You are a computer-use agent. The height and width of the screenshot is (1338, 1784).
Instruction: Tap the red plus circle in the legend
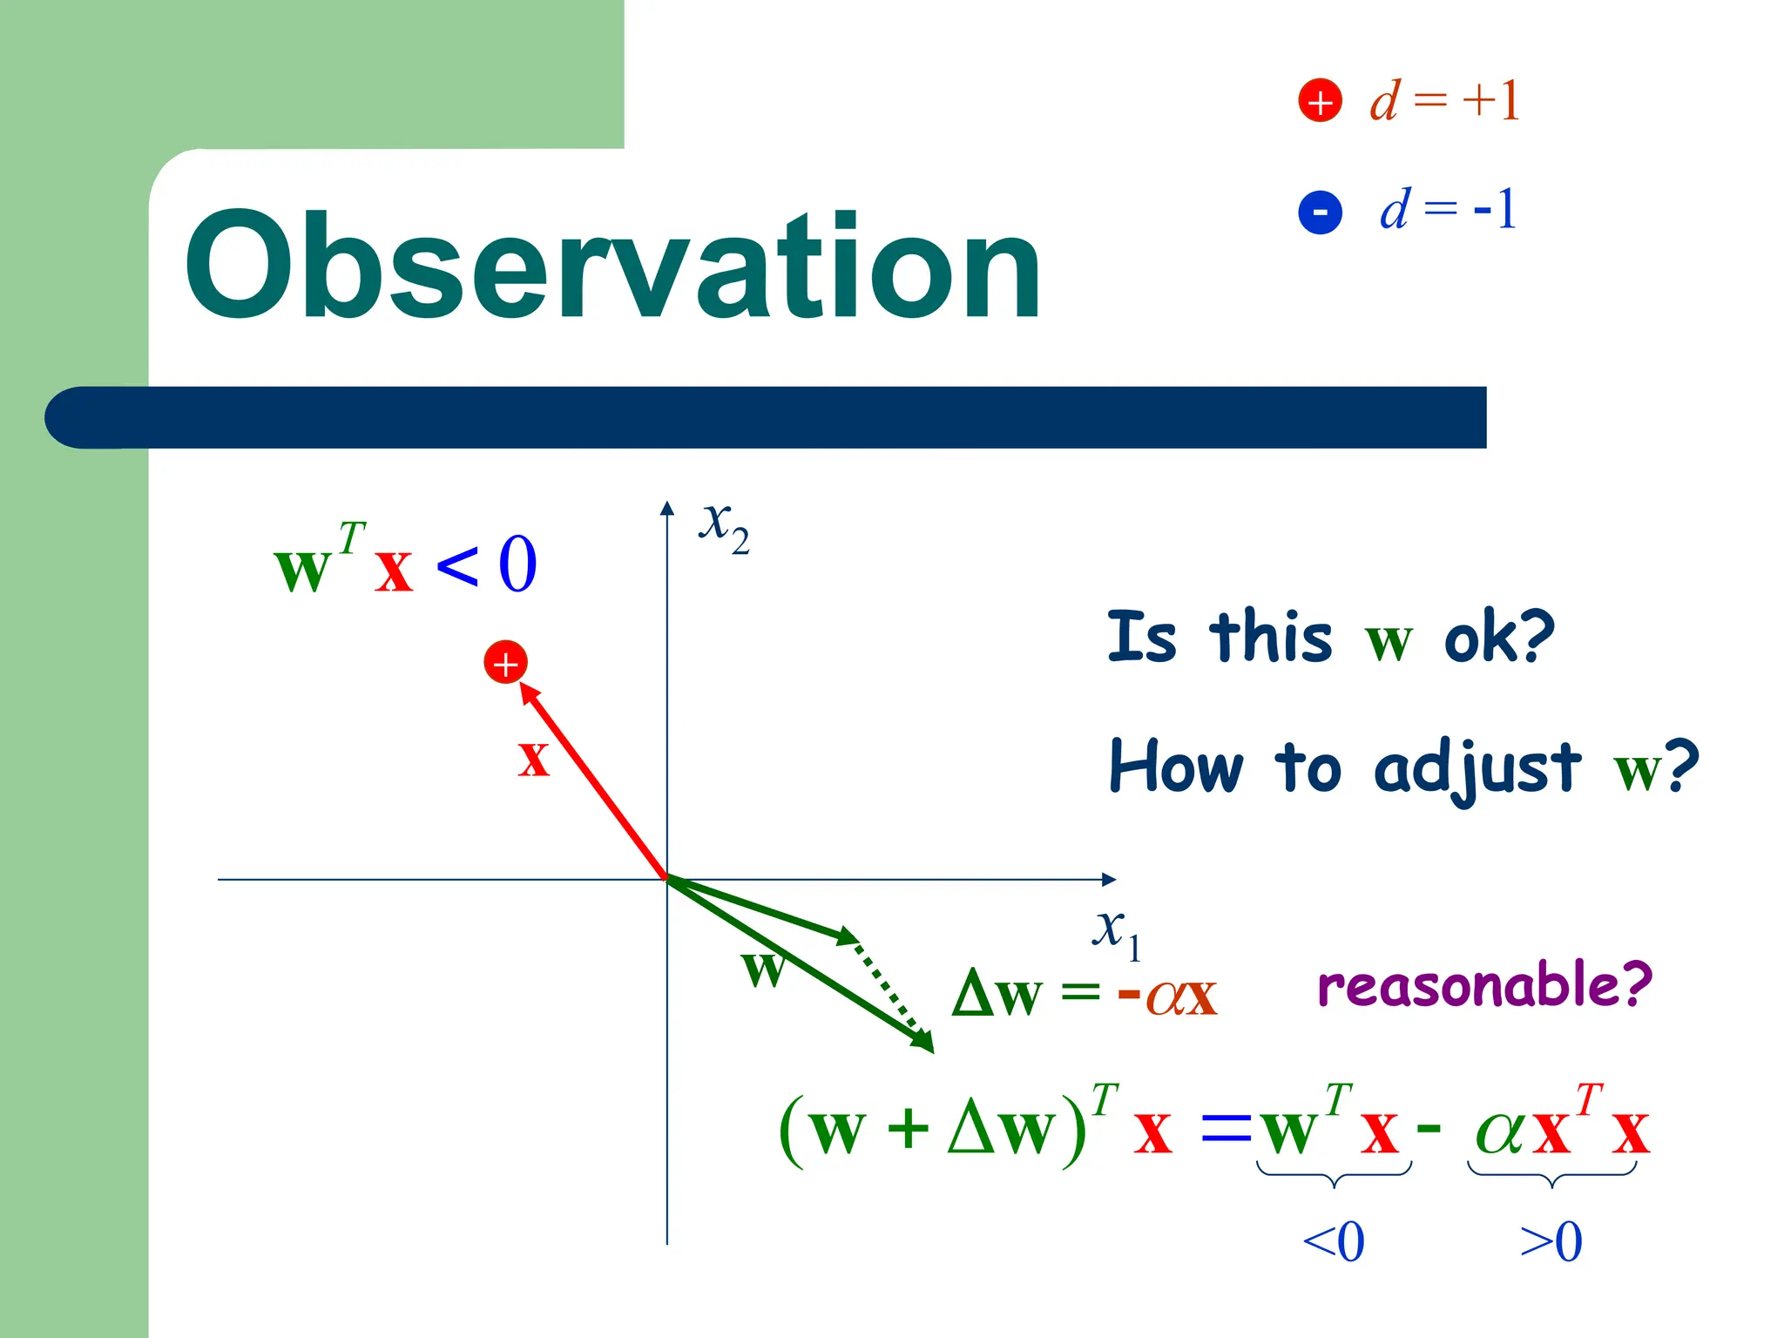click(1320, 101)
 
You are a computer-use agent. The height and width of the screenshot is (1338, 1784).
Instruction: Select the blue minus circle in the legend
click(1320, 212)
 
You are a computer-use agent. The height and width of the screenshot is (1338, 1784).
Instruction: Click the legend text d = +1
click(1444, 100)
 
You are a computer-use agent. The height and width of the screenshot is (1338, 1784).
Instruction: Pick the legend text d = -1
click(1448, 210)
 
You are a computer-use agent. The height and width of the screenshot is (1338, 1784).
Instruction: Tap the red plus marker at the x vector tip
click(505, 664)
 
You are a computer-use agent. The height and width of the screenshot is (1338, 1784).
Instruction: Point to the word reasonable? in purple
click(1484, 985)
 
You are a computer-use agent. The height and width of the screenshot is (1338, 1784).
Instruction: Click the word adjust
click(1477, 768)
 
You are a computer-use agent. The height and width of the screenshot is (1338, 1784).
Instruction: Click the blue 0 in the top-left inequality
click(517, 564)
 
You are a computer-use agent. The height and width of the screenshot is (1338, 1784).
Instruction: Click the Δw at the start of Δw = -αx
click(997, 993)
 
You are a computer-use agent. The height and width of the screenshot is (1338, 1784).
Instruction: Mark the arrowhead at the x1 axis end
click(1109, 879)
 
